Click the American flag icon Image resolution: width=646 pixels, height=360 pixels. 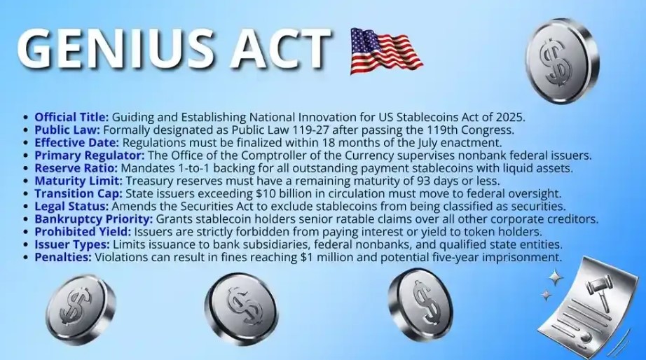pos(386,51)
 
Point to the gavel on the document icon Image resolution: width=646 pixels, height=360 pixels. pos(600,289)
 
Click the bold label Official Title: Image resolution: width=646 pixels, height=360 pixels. pos(71,118)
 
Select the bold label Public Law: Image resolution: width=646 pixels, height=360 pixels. pos(67,130)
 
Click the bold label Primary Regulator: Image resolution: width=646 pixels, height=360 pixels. pos(90,155)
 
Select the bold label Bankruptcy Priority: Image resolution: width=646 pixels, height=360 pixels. pos(93,219)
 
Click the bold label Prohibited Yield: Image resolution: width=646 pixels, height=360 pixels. pos(83,232)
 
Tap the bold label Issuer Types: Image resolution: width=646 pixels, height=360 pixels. pos(72,244)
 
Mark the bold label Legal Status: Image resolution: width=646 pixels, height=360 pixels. pos(71,207)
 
